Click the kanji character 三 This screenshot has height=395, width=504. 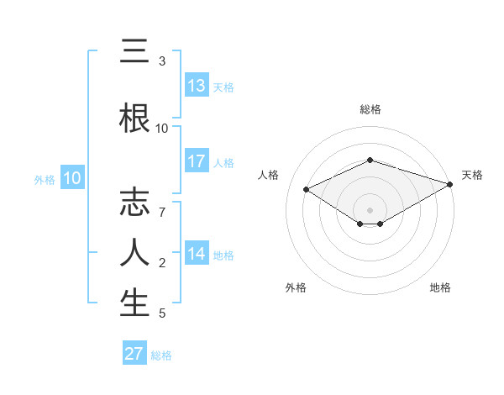[x=134, y=53]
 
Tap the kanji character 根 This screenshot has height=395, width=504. [x=134, y=118]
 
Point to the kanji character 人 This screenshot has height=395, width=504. [x=134, y=253]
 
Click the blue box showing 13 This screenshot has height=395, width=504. [x=197, y=86]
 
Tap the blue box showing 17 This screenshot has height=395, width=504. [x=197, y=161]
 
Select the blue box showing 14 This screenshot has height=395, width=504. [x=197, y=254]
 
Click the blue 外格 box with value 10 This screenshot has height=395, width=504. [x=72, y=178]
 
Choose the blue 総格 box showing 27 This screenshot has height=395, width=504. [x=134, y=354]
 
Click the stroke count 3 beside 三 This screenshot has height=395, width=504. [x=162, y=61]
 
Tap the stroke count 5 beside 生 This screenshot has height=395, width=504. [x=162, y=313]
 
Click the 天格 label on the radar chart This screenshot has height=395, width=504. [x=472, y=175]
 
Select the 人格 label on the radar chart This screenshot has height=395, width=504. [x=269, y=175]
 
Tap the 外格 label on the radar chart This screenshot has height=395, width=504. [x=296, y=287]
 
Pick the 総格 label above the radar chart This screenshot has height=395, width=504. [x=370, y=109]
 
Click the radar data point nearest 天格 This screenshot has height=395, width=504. [x=450, y=183]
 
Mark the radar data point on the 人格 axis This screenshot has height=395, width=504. [x=307, y=189]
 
